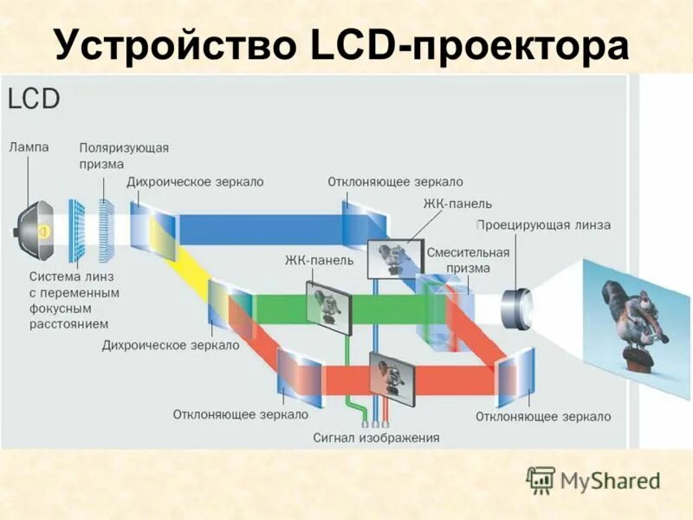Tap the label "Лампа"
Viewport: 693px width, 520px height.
coord(29,147)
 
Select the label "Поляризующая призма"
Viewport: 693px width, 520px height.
coord(124,155)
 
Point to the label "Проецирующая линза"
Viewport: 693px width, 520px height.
coord(543,225)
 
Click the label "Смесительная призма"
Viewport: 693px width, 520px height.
coord(469,259)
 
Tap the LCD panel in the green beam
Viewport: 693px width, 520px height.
coord(328,305)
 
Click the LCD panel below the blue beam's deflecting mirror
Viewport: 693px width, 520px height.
coord(391,257)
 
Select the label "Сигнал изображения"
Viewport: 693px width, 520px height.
coord(376,438)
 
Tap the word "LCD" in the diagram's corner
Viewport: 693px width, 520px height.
coord(34,98)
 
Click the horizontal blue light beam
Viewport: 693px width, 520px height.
coord(260,230)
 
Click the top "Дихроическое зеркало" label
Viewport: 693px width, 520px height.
coord(195,182)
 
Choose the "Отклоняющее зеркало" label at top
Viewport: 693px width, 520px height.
coord(395,182)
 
